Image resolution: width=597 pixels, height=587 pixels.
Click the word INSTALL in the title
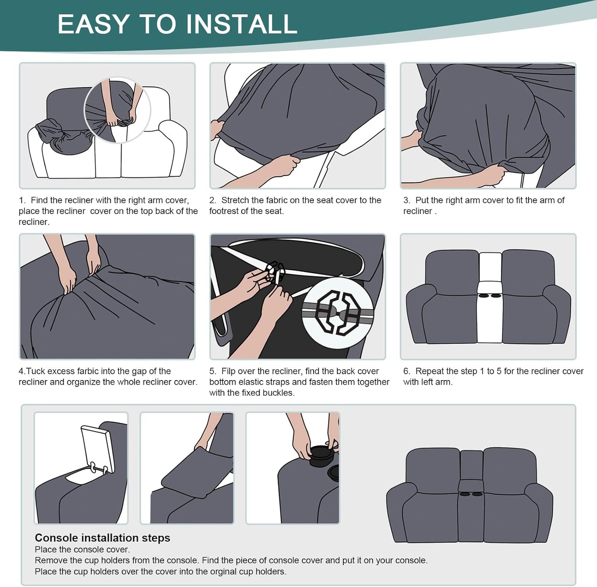241,24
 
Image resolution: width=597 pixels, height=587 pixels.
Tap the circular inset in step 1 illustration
117,110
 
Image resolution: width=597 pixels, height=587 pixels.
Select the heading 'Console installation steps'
102,538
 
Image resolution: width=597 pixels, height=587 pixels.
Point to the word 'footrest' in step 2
226,211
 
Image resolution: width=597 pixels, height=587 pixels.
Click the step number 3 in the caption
406,200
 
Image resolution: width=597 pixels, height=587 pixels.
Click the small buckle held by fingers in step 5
275,271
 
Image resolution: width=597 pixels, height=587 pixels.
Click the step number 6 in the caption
406,371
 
